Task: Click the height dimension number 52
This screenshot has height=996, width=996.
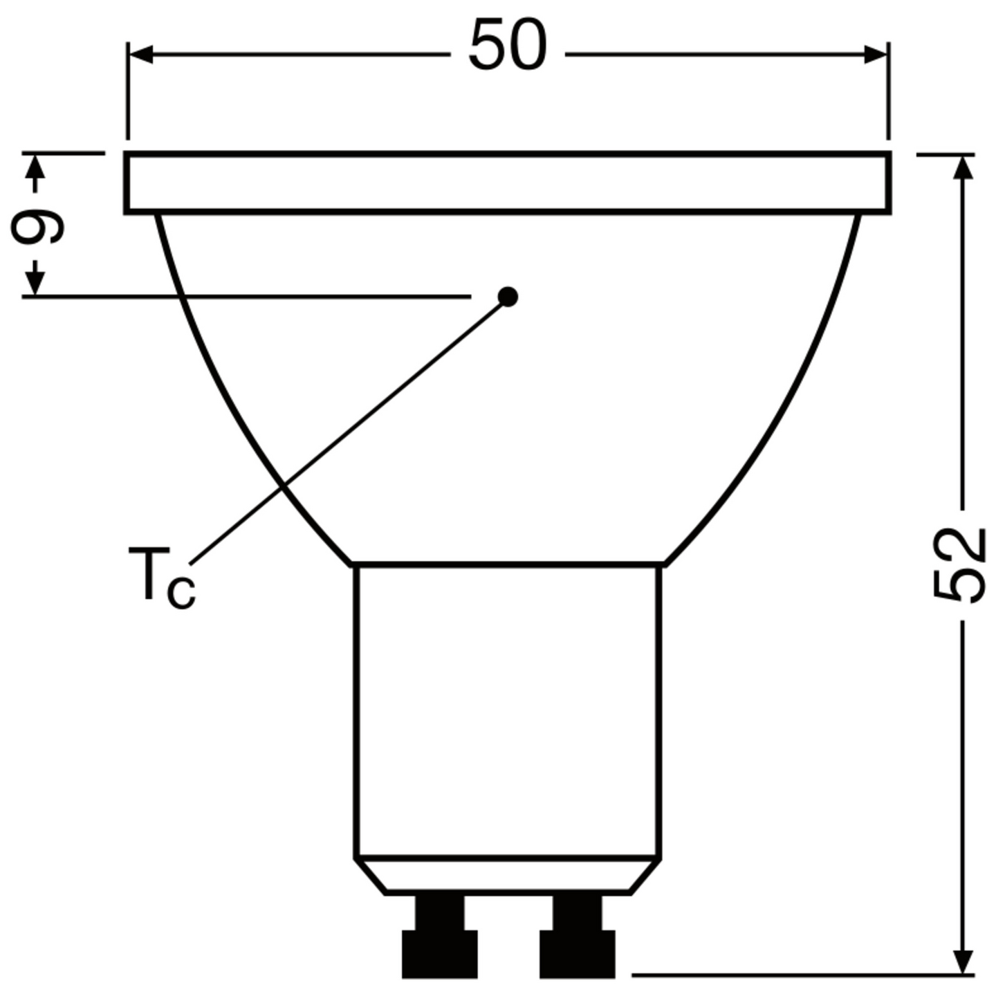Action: [958, 565]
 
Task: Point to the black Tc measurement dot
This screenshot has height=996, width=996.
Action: [508, 297]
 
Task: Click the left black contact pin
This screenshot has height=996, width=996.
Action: [440, 941]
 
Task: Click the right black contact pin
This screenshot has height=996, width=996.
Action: [577, 941]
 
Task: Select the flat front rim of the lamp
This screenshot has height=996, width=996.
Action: [508, 183]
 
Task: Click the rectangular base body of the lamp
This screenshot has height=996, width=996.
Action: [508, 712]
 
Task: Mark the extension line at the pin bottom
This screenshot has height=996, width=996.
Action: [795, 975]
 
